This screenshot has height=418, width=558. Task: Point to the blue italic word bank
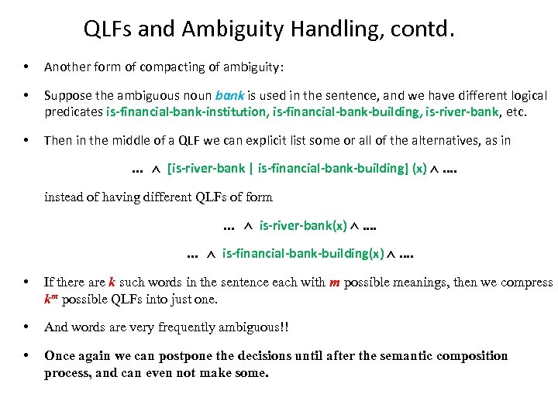(x=230, y=96)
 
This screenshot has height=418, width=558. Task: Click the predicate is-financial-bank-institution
(x=187, y=111)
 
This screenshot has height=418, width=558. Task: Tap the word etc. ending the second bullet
(x=515, y=111)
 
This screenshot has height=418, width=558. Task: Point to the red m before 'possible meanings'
(x=334, y=283)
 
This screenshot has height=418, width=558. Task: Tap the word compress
(x=525, y=283)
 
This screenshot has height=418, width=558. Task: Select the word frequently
(x=191, y=327)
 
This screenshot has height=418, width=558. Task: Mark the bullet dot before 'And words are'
(x=26, y=327)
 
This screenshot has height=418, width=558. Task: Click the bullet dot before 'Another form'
(x=26, y=67)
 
